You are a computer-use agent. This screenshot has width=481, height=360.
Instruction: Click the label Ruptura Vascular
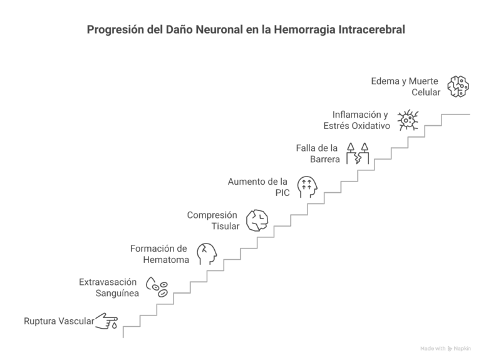(59, 322)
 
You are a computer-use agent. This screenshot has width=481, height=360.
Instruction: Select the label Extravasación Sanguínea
(108, 288)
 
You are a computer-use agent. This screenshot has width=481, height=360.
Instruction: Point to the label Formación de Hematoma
(160, 254)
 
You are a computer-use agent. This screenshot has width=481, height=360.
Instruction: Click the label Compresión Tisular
(213, 220)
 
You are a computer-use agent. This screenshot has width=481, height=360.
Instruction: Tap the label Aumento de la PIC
(258, 187)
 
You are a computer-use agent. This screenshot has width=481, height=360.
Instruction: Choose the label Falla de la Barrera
(317, 153)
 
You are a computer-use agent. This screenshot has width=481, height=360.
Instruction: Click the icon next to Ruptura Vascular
(107, 322)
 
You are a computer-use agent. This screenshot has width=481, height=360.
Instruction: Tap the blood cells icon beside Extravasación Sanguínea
(157, 287)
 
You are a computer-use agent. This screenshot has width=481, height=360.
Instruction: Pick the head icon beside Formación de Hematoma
(206, 254)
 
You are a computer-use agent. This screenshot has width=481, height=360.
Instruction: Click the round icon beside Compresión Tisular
(257, 220)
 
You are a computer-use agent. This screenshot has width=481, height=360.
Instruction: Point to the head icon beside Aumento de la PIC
(307, 186)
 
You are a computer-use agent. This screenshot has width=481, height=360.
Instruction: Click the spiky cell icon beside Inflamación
(408, 119)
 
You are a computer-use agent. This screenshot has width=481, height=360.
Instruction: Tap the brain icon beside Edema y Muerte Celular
(458, 86)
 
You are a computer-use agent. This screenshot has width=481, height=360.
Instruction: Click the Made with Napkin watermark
(445, 348)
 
